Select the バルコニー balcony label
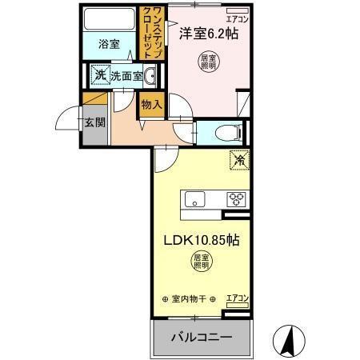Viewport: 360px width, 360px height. click(x=202, y=337)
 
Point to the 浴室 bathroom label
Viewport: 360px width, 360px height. click(x=109, y=45)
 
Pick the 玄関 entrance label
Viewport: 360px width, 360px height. click(x=93, y=123)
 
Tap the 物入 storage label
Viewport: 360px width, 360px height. click(x=151, y=104)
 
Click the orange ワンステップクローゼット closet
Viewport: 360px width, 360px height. click(x=153, y=32)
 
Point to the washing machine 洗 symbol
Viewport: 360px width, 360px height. click(x=100, y=75)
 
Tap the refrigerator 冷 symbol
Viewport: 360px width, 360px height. click(x=238, y=159)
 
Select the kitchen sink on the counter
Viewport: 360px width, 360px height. click(x=194, y=199)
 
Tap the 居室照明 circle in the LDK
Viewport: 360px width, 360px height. click(x=202, y=261)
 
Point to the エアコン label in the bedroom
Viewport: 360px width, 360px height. click(x=237, y=18)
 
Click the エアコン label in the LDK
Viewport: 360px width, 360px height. click(x=237, y=298)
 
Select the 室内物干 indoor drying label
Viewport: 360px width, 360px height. click(x=189, y=299)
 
